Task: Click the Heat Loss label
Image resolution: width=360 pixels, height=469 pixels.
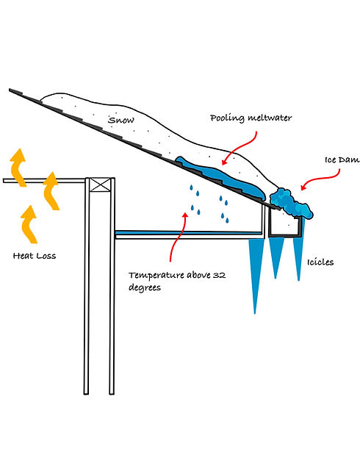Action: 35,256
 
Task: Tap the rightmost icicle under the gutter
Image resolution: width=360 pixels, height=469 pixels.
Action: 298,257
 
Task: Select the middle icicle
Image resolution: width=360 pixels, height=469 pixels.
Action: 277,257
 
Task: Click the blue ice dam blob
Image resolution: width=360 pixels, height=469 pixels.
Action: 290,204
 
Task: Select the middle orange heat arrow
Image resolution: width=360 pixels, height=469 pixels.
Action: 51,190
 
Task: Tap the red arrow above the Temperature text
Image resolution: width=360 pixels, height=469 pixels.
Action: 176,235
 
